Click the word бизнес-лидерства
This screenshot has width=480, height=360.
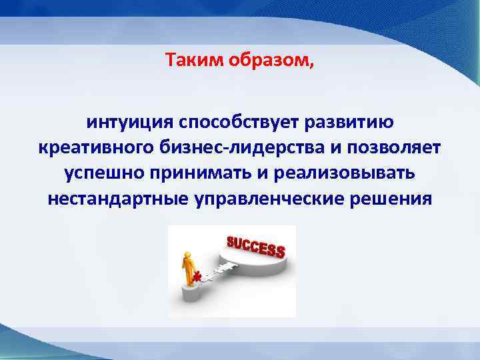tap(253, 147)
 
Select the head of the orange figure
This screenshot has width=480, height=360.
tap(189, 253)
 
